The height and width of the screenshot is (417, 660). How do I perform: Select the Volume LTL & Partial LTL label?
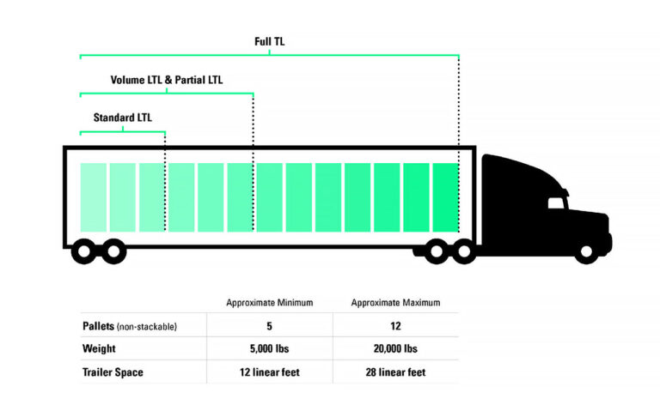(x=166, y=80)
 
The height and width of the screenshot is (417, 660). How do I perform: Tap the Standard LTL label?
(x=122, y=118)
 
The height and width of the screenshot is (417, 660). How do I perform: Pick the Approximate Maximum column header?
(x=396, y=303)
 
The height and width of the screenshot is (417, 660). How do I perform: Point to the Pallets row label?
(x=129, y=326)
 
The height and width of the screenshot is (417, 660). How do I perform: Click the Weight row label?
(x=100, y=349)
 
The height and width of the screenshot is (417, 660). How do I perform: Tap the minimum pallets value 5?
(x=269, y=326)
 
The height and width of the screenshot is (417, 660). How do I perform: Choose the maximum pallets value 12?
(x=396, y=326)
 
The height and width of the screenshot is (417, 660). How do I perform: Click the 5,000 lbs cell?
(x=269, y=349)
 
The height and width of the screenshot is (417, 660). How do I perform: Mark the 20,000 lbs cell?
(x=396, y=349)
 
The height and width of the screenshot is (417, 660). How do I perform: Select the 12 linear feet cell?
(x=269, y=372)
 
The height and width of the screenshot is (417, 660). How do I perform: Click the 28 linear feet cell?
(x=396, y=372)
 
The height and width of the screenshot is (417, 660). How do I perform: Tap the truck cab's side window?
(x=556, y=202)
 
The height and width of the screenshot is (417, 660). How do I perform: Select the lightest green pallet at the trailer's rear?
(x=94, y=197)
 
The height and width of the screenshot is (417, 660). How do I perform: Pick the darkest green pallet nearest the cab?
(x=445, y=197)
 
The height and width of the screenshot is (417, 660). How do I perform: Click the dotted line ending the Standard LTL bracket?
(x=165, y=180)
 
